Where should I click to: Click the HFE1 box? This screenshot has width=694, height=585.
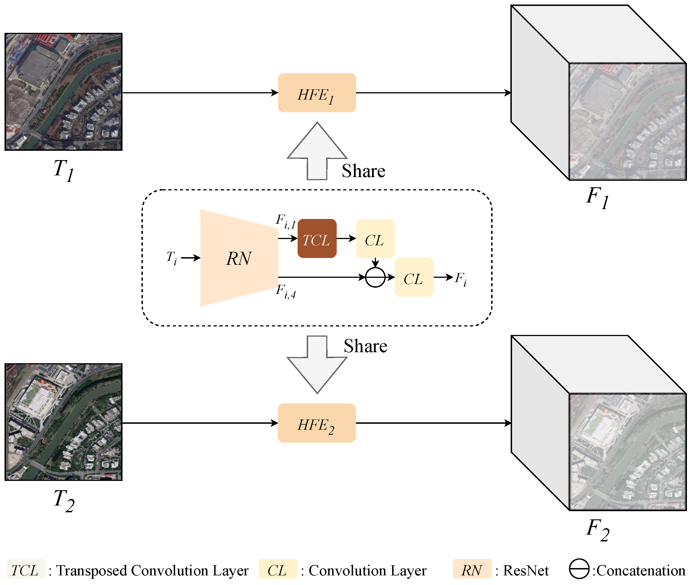pyautogui.click(x=317, y=93)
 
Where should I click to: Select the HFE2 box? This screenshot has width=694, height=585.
pyautogui.click(x=317, y=423)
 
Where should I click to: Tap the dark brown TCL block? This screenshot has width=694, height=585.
pyautogui.click(x=317, y=238)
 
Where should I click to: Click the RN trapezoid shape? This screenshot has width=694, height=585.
pyautogui.click(x=239, y=258)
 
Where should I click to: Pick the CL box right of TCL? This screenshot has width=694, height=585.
pyautogui.click(x=375, y=238)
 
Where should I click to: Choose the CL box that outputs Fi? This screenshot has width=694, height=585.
pyautogui.click(x=414, y=277)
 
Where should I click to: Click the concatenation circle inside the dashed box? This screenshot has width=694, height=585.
pyautogui.click(x=375, y=277)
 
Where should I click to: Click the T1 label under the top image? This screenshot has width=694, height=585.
pyautogui.click(x=63, y=170)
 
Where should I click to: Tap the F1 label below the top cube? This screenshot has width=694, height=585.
pyautogui.click(x=598, y=198)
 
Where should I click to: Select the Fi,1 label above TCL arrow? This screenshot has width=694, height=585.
pyautogui.click(x=285, y=221)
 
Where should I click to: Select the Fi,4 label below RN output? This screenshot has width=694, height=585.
pyautogui.click(x=285, y=291)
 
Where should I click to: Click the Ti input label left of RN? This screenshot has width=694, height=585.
pyautogui.click(x=171, y=257)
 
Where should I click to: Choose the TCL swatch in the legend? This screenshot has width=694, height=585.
pyautogui.click(x=25, y=570)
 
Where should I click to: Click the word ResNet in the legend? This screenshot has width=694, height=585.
pyautogui.click(x=526, y=570)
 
